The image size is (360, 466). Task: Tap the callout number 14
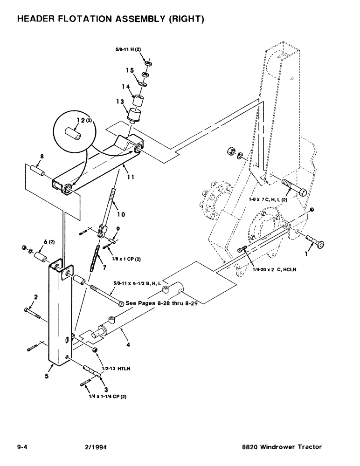tap(125, 86)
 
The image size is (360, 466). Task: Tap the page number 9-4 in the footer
tap(22, 447)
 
